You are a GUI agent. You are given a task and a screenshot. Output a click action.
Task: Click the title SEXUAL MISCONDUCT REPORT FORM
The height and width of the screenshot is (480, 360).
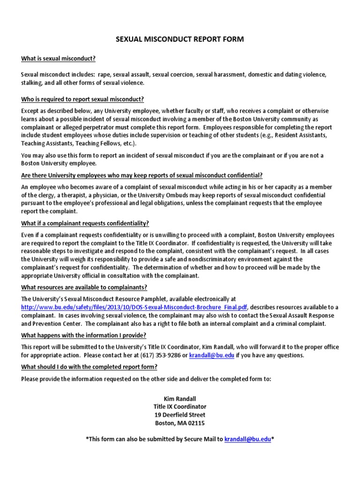coord(180,40)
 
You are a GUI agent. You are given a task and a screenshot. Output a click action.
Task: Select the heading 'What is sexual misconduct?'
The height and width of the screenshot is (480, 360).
coord(59,59)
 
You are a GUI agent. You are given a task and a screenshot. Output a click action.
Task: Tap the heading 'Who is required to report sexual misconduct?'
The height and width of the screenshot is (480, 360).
coord(82,99)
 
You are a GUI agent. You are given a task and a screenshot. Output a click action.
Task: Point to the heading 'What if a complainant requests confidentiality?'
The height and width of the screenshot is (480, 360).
coord(85,224)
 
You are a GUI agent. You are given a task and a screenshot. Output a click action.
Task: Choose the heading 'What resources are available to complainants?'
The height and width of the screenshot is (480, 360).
coord(84,287)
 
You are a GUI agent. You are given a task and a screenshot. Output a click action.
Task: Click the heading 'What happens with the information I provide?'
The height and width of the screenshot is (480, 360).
coord(83,335)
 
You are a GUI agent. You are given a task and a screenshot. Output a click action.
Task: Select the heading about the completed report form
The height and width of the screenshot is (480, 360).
coord(89,367)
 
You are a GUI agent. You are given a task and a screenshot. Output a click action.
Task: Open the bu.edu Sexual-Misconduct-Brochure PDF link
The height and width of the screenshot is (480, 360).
coord(134,307)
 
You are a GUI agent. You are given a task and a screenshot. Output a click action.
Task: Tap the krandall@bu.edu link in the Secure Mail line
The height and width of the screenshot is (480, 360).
coord(247,439)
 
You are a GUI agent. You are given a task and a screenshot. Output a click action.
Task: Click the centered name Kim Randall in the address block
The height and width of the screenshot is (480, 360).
coord(180,398)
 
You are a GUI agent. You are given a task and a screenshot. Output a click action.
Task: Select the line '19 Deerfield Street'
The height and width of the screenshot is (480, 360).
coord(180,415)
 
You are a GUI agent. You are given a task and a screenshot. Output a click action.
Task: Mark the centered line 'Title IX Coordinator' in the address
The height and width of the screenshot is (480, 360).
coord(180,407)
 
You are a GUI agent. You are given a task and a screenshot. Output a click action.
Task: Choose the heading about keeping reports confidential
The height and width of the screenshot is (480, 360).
coord(142,175)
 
